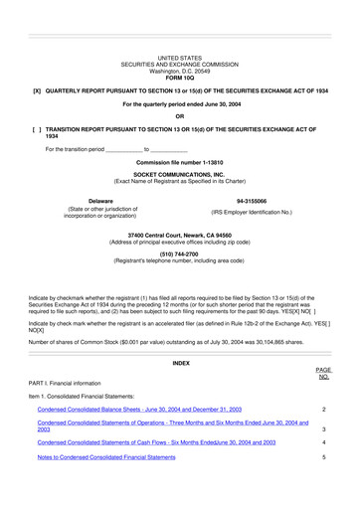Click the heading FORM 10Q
click(x=179, y=78)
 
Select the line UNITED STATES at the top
click(x=179, y=59)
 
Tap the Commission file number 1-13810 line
click(x=179, y=161)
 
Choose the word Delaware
click(x=100, y=201)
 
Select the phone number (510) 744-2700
click(x=179, y=254)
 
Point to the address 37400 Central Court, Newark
click(x=179, y=234)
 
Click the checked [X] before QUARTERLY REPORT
click(x=37, y=90)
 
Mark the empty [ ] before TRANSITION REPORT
click(x=37, y=129)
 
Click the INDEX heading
click(x=180, y=336)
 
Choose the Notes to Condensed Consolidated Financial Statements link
click(x=119, y=456)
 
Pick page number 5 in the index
click(x=324, y=456)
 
